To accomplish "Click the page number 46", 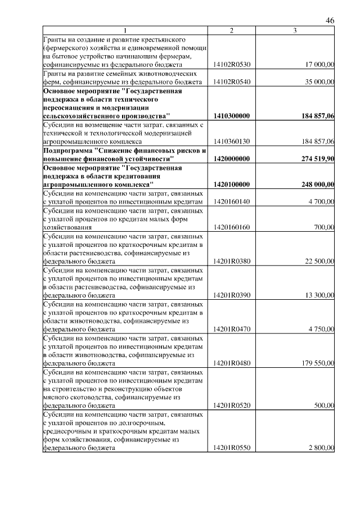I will click(x=330, y=20).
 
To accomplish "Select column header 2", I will click(x=232, y=30).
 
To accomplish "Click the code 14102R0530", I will click(x=232, y=65).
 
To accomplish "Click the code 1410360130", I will click(x=232, y=141).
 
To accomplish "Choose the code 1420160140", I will click(x=232, y=201).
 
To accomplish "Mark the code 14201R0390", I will click(x=232, y=295).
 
